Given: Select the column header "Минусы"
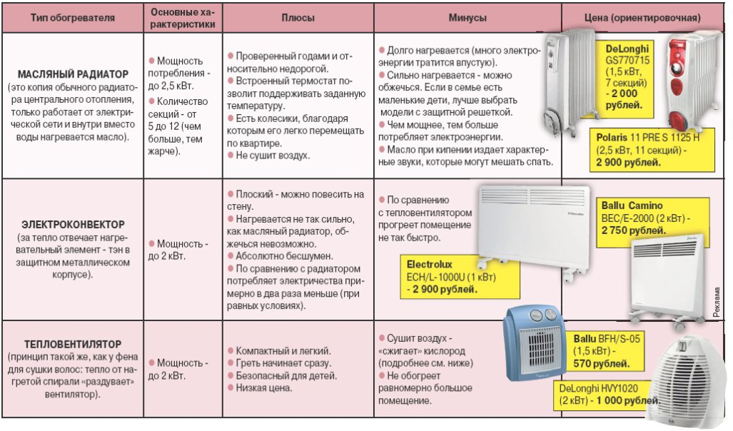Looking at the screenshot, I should (x=467, y=17).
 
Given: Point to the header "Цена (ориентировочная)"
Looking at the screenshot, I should (x=647, y=17).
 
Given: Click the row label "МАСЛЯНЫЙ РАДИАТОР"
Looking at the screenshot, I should (x=73, y=73).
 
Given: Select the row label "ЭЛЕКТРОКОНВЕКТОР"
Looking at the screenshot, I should (x=73, y=223).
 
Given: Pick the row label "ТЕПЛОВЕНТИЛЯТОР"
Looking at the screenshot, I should (x=73, y=345).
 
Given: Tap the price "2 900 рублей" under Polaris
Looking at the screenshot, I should (x=625, y=162).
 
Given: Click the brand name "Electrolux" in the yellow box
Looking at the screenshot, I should (x=430, y=263).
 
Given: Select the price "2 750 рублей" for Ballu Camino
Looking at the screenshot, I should (x=634, y=230).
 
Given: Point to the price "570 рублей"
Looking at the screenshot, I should (x=602, y=363).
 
